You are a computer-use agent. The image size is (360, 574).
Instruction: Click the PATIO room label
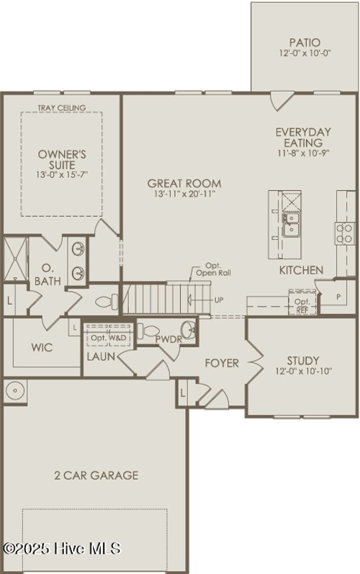point(305,43)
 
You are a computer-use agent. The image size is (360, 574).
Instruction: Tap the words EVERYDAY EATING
point(303,137)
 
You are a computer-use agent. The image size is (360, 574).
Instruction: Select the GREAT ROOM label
point(184,184)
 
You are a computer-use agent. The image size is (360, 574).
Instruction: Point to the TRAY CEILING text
point(62,108)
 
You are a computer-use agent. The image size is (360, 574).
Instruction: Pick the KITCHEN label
point(301,270)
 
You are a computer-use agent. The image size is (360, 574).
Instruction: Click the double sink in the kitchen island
point(292,224)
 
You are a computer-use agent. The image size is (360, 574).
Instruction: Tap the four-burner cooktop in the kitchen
point(346,232)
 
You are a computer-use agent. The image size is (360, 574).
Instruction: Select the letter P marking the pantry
point(338,296)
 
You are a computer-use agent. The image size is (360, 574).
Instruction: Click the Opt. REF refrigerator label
point(302,305)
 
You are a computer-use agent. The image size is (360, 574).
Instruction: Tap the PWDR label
point(168,339)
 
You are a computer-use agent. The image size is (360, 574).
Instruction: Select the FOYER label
point(221,363)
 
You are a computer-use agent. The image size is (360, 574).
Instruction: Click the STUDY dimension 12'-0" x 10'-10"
point(302,372)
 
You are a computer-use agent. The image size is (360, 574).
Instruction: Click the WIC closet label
point(41,347)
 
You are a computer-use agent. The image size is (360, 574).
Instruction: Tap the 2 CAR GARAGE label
point(96,475)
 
